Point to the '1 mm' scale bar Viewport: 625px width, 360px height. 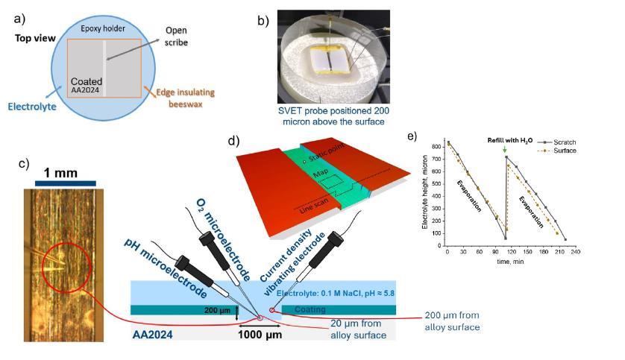point(65,181)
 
